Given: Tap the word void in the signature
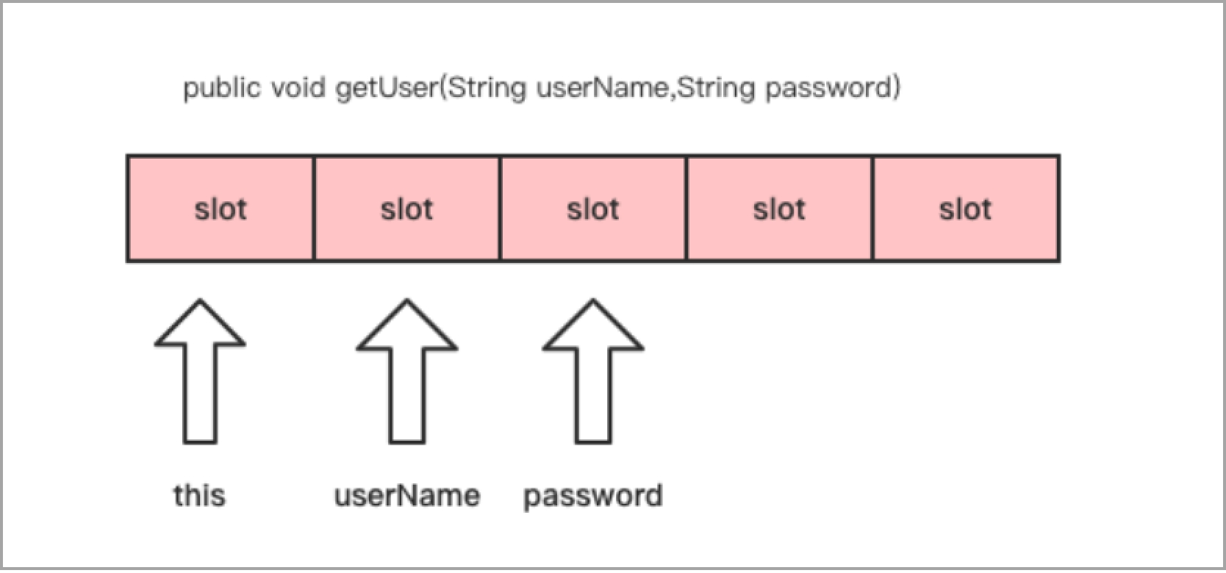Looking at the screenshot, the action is (x=298, y=87).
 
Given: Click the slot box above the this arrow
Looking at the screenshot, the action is (x=221, y=209).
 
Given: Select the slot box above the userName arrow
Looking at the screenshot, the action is (x=406, y=209).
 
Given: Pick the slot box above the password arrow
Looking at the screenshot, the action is (x=592, y=209).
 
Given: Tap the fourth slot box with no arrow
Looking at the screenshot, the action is (x=779, y=209).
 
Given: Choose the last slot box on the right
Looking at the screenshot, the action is (x=966, y=209).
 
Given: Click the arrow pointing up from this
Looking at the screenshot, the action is (x=201, y=371).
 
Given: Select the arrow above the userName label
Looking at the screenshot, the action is (x=406, y=371).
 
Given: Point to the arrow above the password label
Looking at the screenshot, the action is (x=593, y=371).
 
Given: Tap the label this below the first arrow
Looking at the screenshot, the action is (x=199, y=495).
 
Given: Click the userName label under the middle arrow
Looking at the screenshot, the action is (x=407, y=496).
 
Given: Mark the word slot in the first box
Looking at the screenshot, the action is (x=221, y=209).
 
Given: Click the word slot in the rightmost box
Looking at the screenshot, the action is (x=966, y=209).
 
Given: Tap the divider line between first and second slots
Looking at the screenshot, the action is (x=314, y=209).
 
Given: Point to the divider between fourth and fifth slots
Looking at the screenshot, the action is (x=872, y=209).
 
